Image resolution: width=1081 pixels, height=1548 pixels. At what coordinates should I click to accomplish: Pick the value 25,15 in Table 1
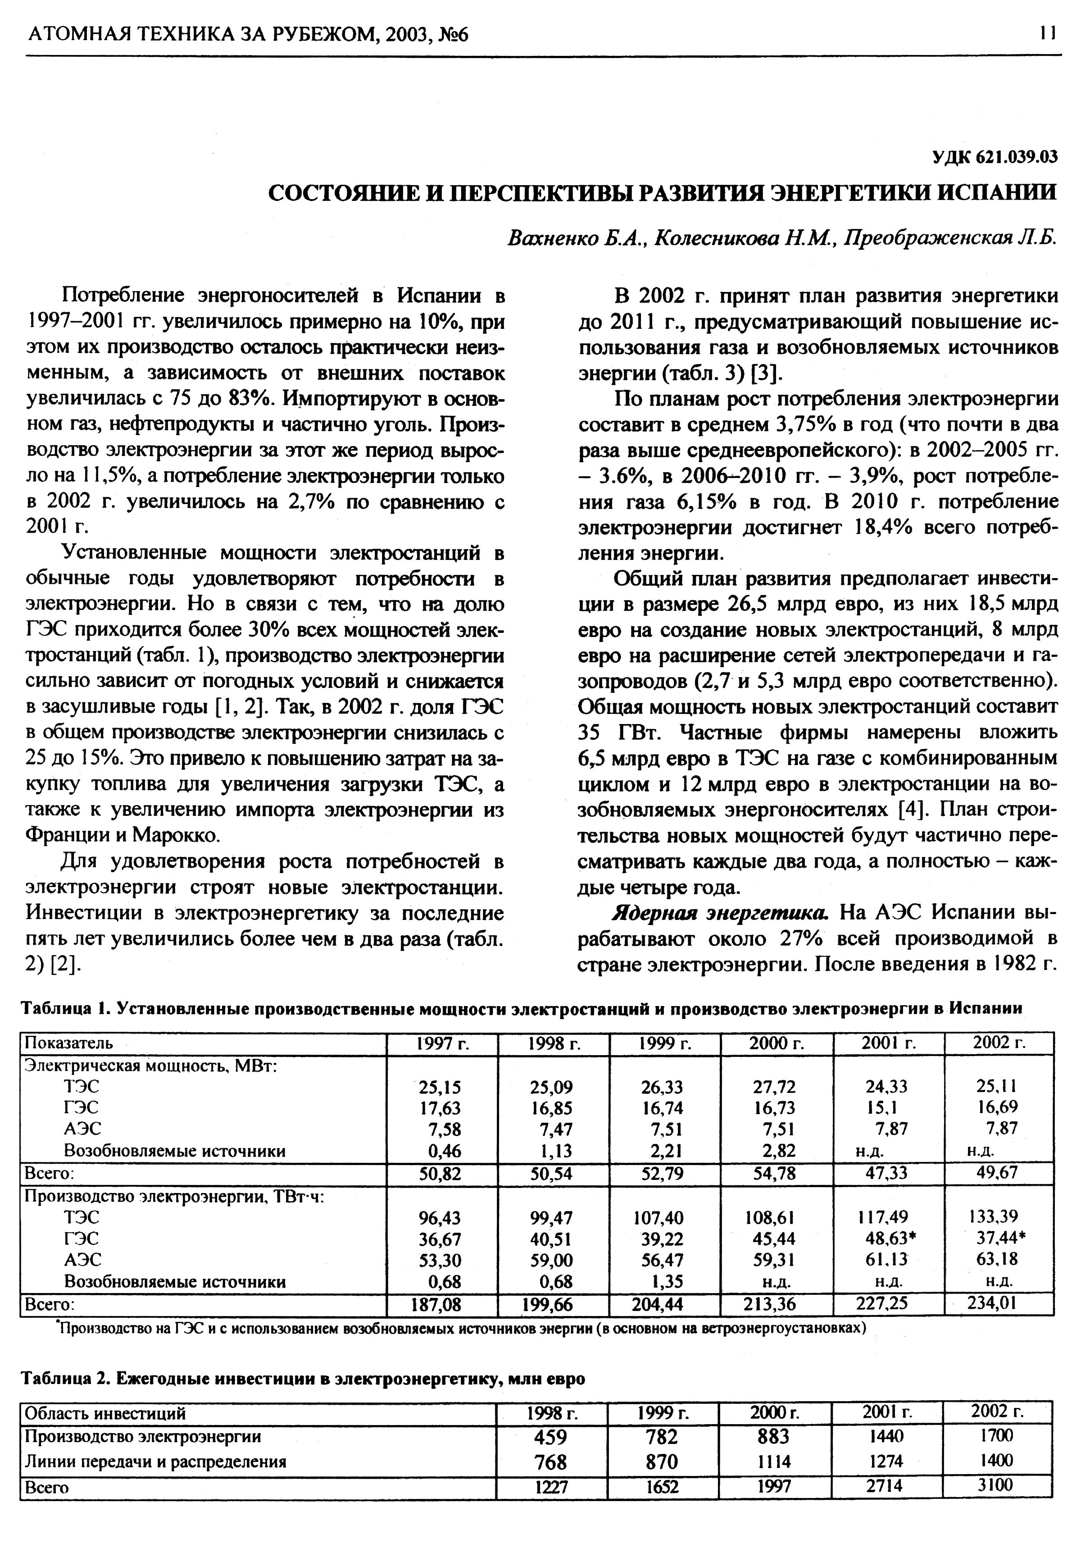coord(440,1087)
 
